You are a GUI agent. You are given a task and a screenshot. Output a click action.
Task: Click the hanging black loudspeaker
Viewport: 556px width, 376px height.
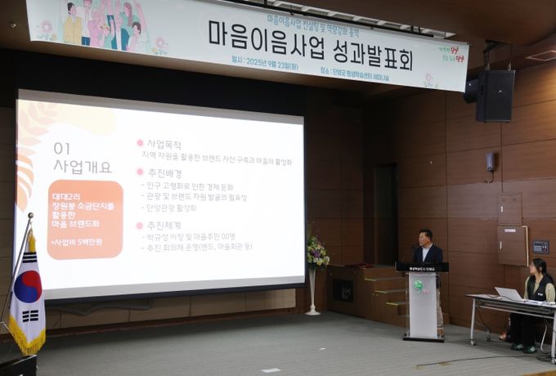(x=494, y=95)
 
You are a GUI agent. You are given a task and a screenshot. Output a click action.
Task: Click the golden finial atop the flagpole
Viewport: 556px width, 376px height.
(x=31, y=218)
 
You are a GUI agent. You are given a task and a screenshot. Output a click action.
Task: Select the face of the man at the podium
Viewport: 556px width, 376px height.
(x=424, y=238)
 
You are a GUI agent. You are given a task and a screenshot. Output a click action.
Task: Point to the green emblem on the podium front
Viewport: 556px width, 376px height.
(x=419, y=285)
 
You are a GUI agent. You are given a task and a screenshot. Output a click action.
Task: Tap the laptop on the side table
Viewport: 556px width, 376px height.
(x=509, y=294)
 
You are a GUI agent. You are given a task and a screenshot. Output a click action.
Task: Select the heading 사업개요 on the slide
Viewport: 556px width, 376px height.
(x=83, y=167)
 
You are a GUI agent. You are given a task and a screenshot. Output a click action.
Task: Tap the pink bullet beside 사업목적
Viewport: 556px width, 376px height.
(x=140, y=143)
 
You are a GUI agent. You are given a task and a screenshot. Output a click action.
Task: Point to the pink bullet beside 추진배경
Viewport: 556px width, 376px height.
(x=140, y=172)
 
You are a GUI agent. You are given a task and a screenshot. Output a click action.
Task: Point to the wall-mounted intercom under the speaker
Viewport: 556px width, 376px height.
(x=490, y=162)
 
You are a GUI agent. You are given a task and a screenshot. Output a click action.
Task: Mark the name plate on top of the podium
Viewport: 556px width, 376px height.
(x=421, y=267)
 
